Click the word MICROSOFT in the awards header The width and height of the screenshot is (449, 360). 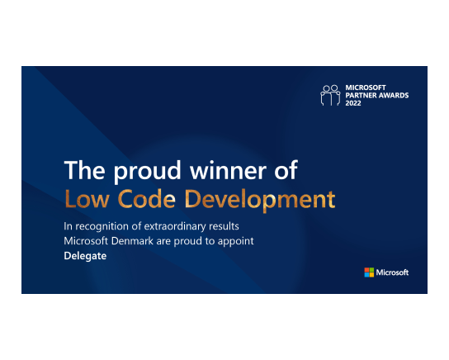[366, 88]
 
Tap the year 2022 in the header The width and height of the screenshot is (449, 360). [353, 103]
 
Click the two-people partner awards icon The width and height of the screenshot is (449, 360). [330, 96]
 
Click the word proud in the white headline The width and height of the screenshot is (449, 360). [148, 171]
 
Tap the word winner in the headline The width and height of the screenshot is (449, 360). [229, 170]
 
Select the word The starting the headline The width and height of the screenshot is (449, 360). [85, 170]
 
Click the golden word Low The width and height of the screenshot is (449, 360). [87, 199]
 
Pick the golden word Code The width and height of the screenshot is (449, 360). [147, 198]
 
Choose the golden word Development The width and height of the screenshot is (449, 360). [260, 200]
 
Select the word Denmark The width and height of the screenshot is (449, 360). [132, 241]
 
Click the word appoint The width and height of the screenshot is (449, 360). [236, 241]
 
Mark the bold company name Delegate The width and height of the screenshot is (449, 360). [85, 256]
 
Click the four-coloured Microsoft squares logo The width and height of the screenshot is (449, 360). [369, 272]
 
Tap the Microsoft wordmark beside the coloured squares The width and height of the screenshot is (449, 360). [392, 272]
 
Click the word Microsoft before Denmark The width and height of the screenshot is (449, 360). [86, 241]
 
